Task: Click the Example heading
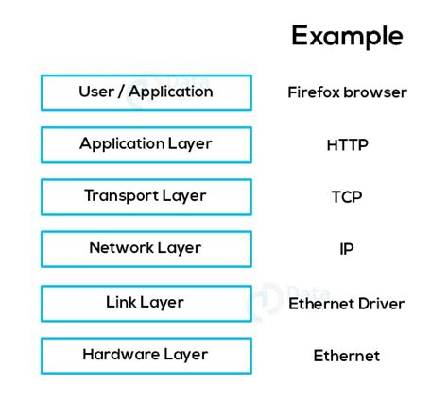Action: [347, 36]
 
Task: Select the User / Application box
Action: [146, 92]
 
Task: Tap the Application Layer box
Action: [146, 144]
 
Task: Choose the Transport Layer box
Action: [146, 196]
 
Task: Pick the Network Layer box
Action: [146, 248]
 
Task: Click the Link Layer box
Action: [146, 303]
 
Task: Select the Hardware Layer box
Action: [146, 356]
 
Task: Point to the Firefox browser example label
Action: [347, 92]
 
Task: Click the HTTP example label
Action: [347, 145]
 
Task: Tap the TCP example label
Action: [347, 197]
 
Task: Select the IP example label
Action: [347, 249]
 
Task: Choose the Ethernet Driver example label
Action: [347, 304]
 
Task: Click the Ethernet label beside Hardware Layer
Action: [347, 356]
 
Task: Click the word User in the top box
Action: [95, 92]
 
